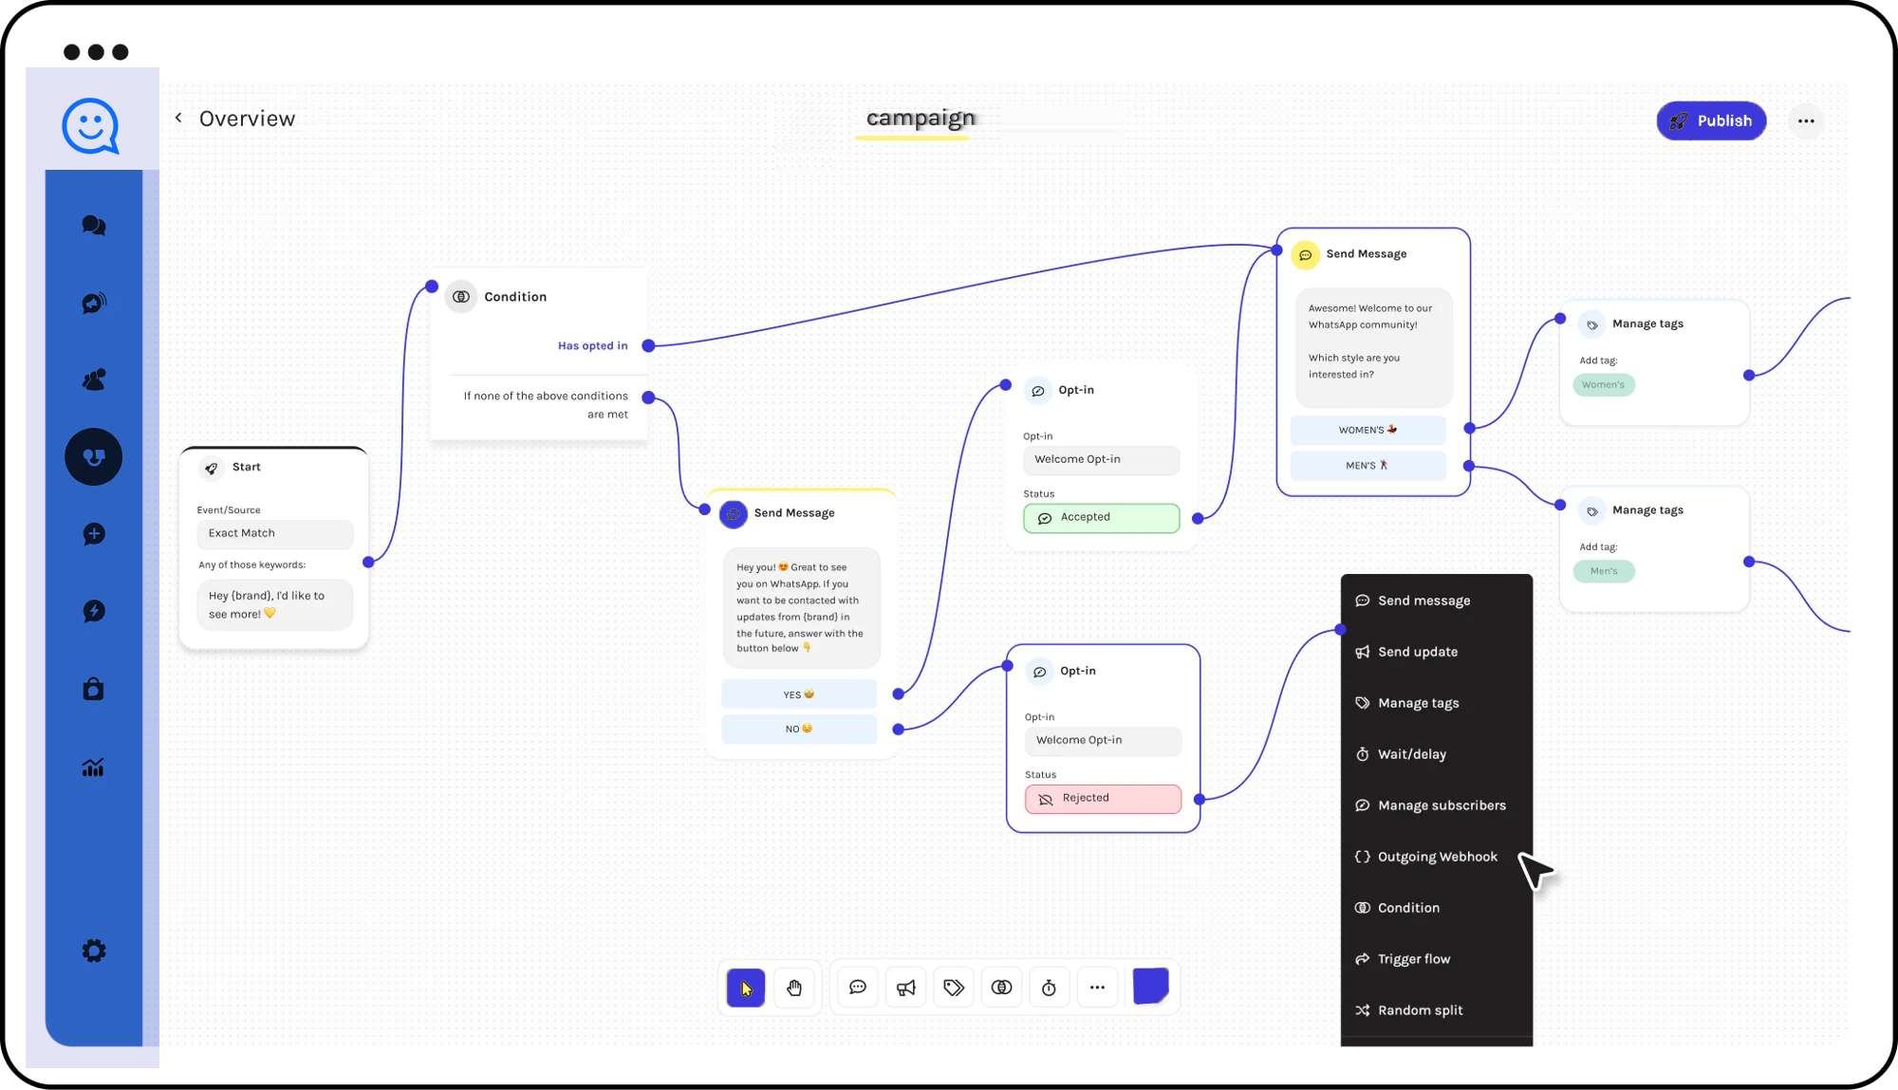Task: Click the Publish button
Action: click(x=1711, y=120)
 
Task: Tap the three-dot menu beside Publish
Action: click(x=1806, y=120)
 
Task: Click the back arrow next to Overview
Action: click(x=178, y=118)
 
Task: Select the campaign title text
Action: click(x=921, y=118)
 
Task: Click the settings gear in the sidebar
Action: click(x=94, y=951)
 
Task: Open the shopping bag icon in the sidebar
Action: click(x=93, y=688)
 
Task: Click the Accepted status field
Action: click(x=1101, y=518)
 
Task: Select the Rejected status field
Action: click(x=1103, y=799)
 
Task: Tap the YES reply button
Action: click(x=799, y=694)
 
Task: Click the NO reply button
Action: click(x=799, y=729)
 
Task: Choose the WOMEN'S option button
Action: click(x=1368, y=430)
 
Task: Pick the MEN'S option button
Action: click(x=1368, y=466)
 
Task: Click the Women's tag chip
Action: click(x=1604, y=384)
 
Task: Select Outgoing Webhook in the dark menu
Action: click(x=1437, y=857)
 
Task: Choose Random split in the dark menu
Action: click(x=1420, y=1010)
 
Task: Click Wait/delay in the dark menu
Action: click(x=1411, y=754)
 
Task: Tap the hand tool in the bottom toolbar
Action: click(x=794, y=988)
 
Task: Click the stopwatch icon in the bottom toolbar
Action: click(x=1049, y=988)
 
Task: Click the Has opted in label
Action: click(x=593, y=345)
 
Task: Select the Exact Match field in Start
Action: click(x=275, y=533)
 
